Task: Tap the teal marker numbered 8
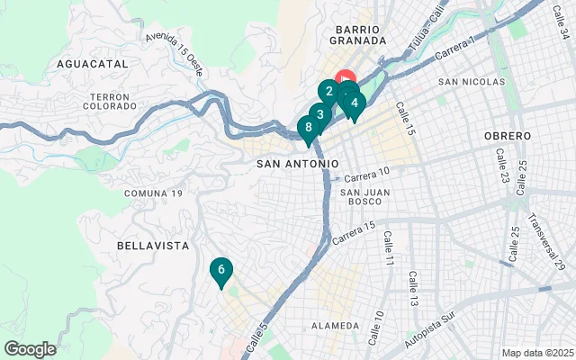(x=309, y=128)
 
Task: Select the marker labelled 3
(x=319, y=115)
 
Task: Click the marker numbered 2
(x=329, y=91)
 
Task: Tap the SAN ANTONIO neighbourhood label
(x=298, y=164)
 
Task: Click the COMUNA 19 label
(x=153, y=193)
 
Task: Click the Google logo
(x=30, y=349)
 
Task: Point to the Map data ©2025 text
(x=536, y=353)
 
